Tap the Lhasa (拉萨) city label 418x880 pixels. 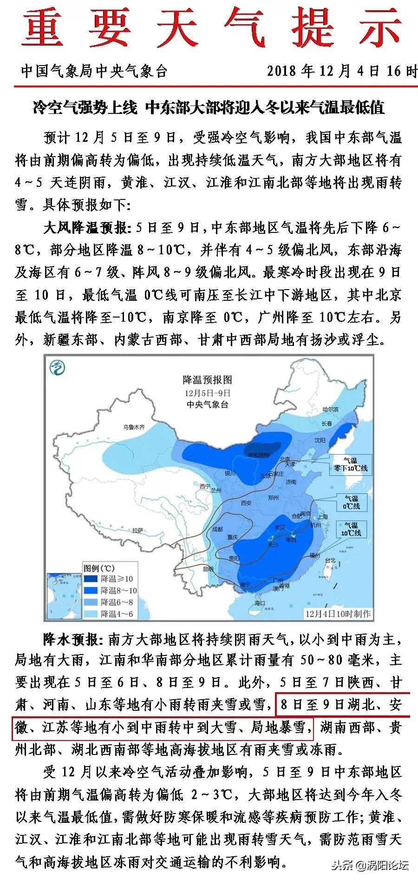click(x=137, y=530)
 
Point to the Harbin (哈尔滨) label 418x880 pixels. click(x=331, y=409)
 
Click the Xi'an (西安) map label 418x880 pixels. click(x=246, y=503)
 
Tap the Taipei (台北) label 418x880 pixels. click(x=330, y=560)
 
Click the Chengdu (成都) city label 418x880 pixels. click(x=217, y=529)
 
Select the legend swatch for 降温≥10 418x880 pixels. click(x=91, y=579)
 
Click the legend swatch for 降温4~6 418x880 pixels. click(x=91, y=614)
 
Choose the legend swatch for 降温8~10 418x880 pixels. click(x=91, y=590)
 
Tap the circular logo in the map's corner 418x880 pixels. click(x=57, y=369)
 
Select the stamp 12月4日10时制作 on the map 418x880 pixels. click(x=338, y=613)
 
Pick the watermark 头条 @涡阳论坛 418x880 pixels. click(x=369, y=866)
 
